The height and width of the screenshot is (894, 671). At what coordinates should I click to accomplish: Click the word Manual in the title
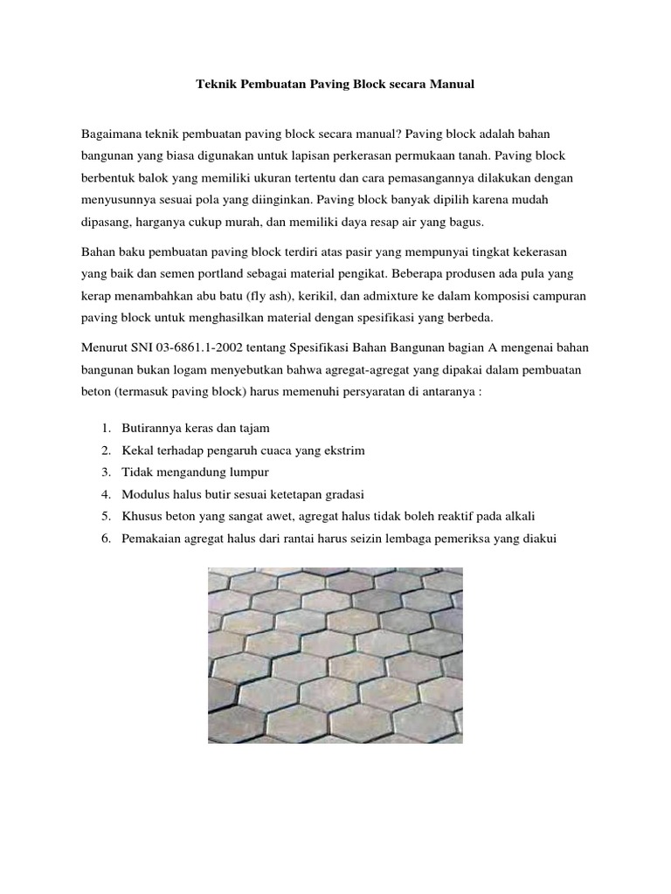[x=450, y=86]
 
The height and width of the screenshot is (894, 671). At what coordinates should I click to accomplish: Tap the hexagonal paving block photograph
[x=335, y=656]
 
